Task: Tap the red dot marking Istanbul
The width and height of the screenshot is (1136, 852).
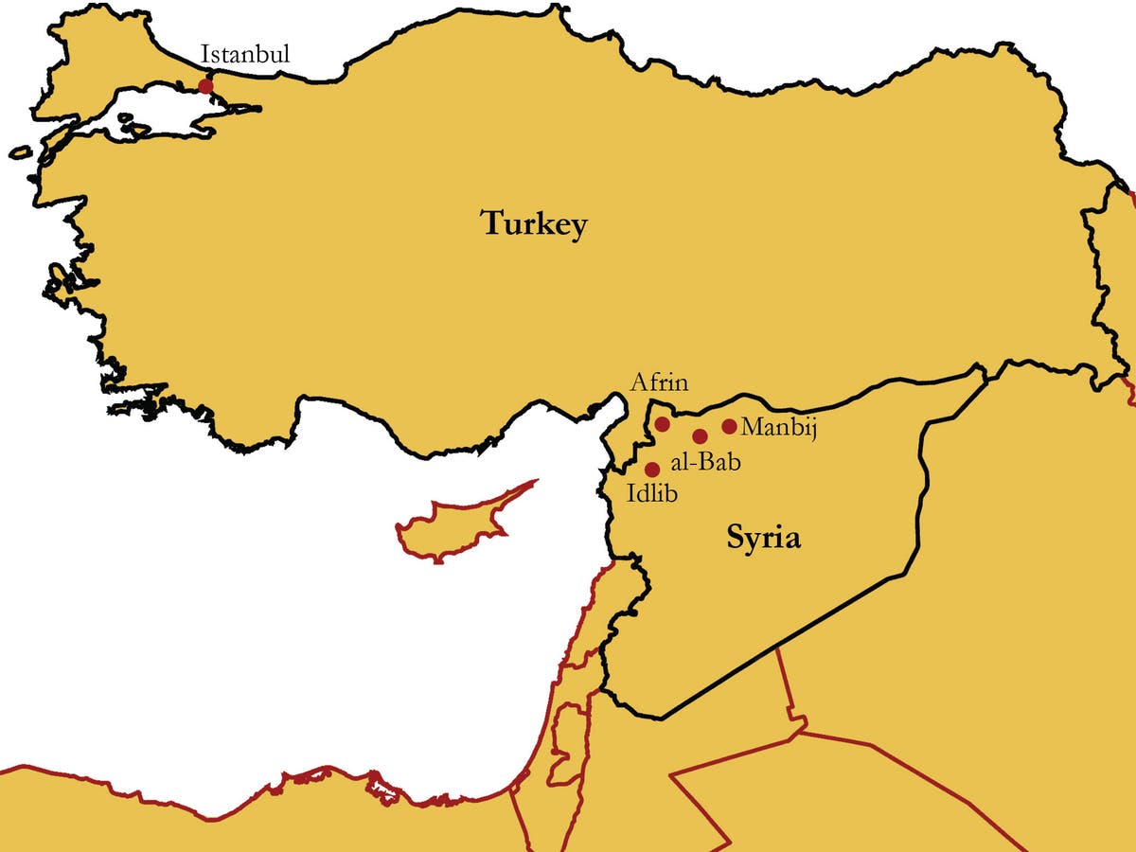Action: pyautogui.click(x=205, y=86)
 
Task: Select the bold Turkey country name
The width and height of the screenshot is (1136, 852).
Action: pyautogui.click(x=534, y=224)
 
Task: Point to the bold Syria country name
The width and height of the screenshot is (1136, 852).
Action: pyautogui.click(x=763, y=538)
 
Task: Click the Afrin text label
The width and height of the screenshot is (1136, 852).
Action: pyautogui.click(x=659, y=384)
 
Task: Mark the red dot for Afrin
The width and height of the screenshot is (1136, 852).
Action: pyautogui.click(x=663, y=423)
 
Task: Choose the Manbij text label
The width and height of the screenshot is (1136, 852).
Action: pyautogui.click(x=778, y=427)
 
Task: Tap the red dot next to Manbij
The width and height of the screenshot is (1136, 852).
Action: pyautogui.click(x=729, y=427)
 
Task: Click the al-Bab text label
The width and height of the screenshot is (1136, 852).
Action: pyautogui.click(x=704, y=463)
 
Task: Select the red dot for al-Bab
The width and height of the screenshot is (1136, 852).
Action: pyautogui.click(x=700, y=436)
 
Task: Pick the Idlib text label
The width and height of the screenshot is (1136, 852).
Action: pyautogui.click(x=652, y=492)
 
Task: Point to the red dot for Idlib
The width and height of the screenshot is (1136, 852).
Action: pyautogui.click(x=651, y=470)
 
